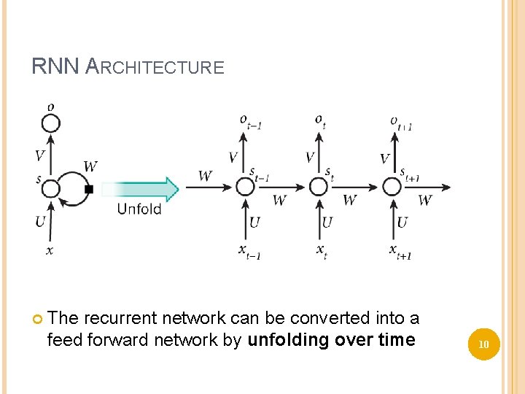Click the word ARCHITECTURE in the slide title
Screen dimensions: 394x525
tap(155, 68)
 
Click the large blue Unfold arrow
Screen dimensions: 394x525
tap(149, 189)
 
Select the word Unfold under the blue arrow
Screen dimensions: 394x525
tap(139, 210)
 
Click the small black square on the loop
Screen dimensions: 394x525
tap(89, 189)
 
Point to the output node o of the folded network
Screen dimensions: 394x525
tap(50, 121)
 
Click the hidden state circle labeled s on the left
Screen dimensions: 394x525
tap(50, 189)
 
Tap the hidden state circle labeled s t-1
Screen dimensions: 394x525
tap(245, 188)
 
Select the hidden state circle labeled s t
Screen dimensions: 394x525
tap(319, 188)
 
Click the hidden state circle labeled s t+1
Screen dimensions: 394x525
tap(392, 188)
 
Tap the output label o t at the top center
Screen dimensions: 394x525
tap(320, 120)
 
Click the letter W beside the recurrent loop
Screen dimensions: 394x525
tap(90, 167)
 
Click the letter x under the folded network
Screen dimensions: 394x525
tap(49, 250)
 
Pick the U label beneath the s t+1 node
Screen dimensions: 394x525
tap(402, 222)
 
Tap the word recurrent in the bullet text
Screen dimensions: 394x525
tap(120, 318)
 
